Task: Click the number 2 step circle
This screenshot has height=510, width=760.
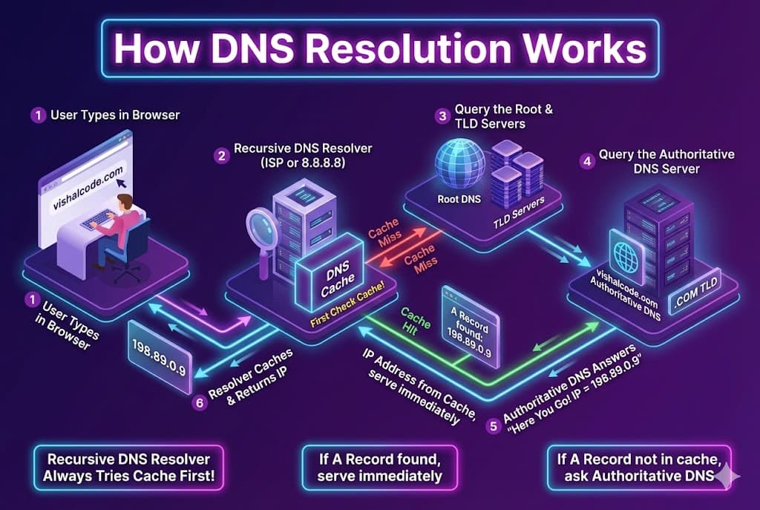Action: (220, 156)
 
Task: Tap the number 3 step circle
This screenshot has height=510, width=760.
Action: (443, 116)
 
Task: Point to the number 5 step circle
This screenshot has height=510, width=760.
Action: (494, 425)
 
